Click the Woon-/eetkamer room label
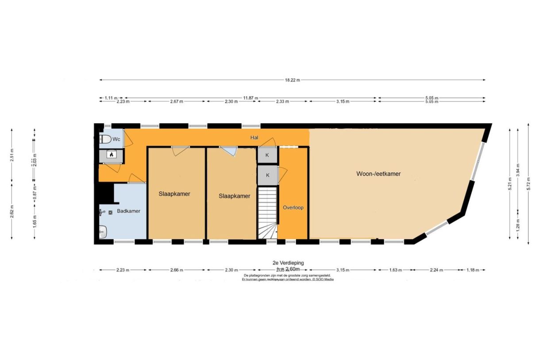(378, 174)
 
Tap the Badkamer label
(128, 211)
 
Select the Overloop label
(293, 207)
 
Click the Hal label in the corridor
(254, 138)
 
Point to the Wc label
(116, 139)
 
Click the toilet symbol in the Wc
(105, 139)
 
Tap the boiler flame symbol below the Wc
(111, 155)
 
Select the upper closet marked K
(267, 155)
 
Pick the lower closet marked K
(267, 175)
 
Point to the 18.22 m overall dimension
(292, 80)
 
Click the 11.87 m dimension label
(250, 97)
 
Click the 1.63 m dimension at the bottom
(395, 270)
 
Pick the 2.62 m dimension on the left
(12, 213)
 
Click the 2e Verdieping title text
(289, 263)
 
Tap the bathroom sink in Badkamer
(103, 231)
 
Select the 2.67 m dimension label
(177, 101)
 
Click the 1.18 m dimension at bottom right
(473, 270)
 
